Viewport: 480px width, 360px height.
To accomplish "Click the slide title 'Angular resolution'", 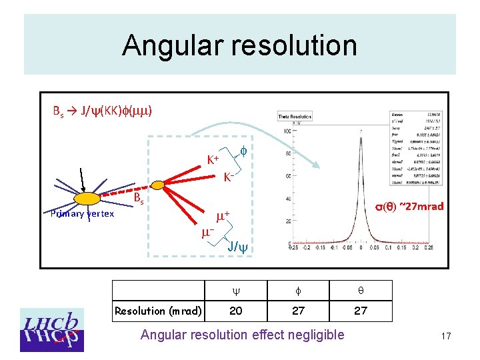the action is click(239, 45).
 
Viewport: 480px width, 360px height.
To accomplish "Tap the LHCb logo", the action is click(52, 329).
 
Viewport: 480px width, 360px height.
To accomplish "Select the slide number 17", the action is click(445, 337).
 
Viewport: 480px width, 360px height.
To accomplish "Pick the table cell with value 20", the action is click(236, 311).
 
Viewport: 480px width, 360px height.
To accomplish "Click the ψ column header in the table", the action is click(236, 290).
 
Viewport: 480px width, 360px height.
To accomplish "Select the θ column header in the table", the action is click(361, 290).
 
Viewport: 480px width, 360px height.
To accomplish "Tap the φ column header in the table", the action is click(298, 290).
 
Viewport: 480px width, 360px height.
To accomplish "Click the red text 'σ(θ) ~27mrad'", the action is click(409, 206).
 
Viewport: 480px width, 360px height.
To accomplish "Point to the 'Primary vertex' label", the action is click(82, 213).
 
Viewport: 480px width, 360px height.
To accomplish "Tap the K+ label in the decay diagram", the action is click(213, 160).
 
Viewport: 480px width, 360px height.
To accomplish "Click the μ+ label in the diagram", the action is click(223, 215).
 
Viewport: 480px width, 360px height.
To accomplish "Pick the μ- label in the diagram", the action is click(207, 233).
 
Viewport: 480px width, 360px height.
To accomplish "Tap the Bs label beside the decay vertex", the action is click(138, 199).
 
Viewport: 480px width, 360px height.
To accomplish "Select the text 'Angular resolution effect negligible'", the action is click(243, 335).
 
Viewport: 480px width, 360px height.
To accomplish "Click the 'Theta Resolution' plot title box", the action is click(295, 117).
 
